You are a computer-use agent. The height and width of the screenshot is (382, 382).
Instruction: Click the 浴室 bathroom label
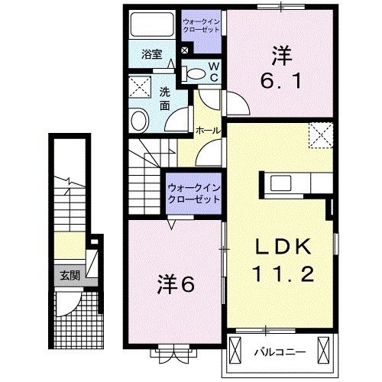point(152,54)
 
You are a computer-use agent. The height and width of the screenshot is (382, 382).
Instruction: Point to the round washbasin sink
point(140,120)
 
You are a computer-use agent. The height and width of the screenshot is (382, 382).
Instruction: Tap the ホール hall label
point(209,131)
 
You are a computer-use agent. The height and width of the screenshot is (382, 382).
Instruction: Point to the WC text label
point(213,73)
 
